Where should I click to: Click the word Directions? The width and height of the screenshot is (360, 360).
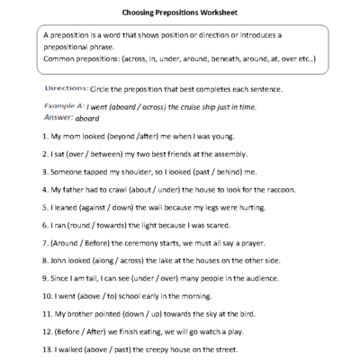coord(66,89)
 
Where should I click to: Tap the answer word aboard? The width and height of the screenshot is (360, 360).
coord(86,118)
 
